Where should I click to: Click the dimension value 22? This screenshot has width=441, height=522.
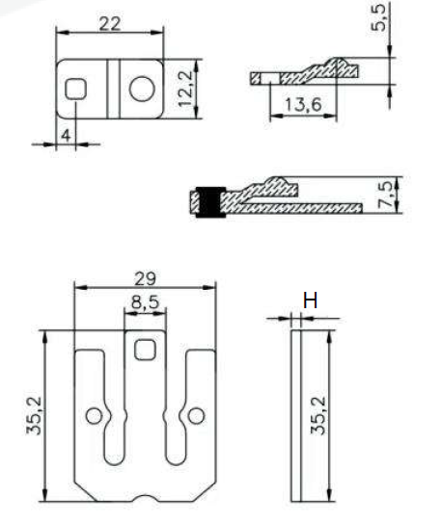coord(110,24)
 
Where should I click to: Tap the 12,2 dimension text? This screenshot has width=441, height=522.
coord(185,89)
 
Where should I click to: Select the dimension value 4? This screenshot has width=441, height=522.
coord(67,136)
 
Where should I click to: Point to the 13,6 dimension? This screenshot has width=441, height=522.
coord(303,105)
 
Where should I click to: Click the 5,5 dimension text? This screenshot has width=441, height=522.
coord(379,17)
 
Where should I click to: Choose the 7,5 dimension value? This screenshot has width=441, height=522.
coord(386,195)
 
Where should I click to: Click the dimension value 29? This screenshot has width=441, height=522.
coord(145,278)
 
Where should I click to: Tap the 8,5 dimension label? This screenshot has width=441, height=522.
coord(145,302)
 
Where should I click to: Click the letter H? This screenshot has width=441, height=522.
coord(310,300)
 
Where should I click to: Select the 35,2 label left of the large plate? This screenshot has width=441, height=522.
coord(34,416)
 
